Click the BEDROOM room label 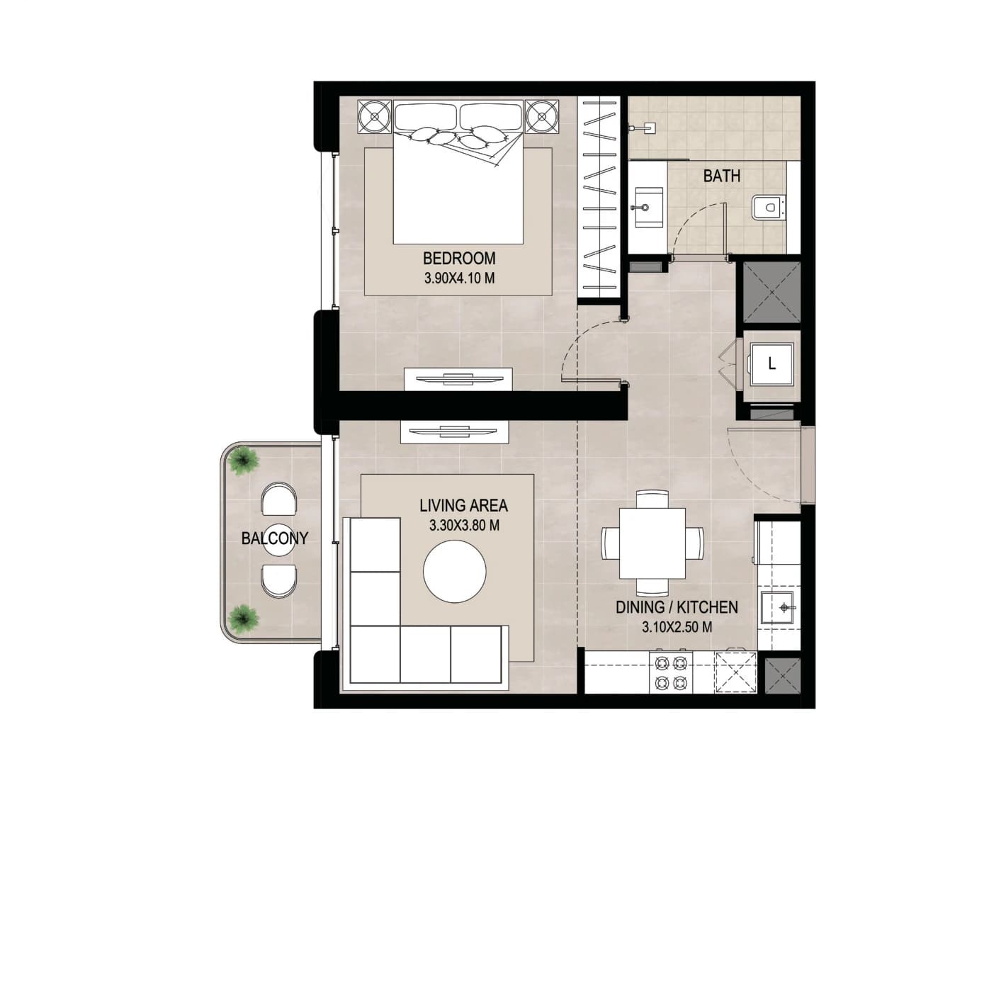coord(458,257)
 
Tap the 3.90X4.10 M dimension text coord(458,278)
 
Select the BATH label coord(721,176)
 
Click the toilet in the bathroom coord(768,208)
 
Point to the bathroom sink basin coord(648,208)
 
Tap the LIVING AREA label coord(463,506)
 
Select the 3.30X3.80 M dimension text coord(464,526)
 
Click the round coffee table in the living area coord(454,571)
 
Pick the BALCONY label coord(274,538)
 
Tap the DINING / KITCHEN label coord(677,607)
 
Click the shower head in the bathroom coord(645,126)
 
